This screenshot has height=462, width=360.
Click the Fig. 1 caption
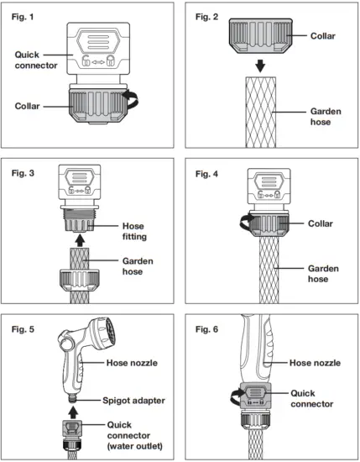29,16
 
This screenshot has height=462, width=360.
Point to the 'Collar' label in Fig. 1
30,106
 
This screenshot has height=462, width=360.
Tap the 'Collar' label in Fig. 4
320,224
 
